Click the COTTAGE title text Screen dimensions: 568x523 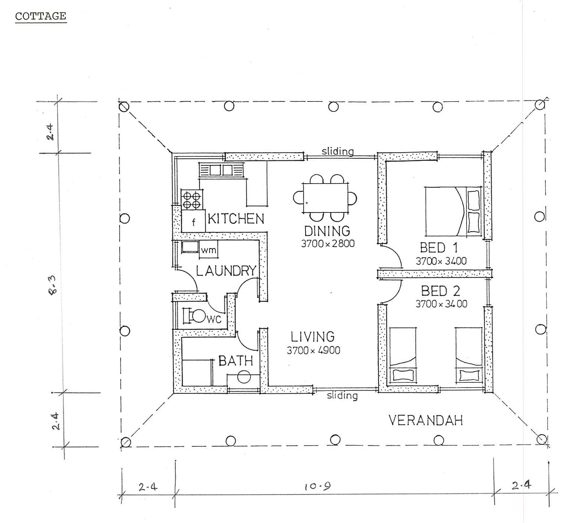[x=41, y=16]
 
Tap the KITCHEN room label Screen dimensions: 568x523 [x=236, y=219]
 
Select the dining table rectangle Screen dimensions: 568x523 [x=325, y=198]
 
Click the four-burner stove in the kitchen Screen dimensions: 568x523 [x=192, y=200]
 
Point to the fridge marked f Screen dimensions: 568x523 [x=193, y=221]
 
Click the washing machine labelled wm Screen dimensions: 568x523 [x=209, y=249]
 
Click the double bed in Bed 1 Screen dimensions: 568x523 [x=453, y=211]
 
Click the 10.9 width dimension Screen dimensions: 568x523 [x=314, y=486]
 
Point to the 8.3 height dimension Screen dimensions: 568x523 [x=53, y=286]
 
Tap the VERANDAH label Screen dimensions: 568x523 [x=425, y=420]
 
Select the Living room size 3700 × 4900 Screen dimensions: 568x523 [x=314, y=351]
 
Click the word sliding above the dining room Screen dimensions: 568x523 [x=338, y=151]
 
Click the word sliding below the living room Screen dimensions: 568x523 [x=342, y=395]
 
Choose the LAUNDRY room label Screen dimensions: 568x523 [x=226, y=271]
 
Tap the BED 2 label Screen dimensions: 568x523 [x=441, y=291]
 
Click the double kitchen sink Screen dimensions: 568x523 [x=221, y=170]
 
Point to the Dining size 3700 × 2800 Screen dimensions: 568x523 [x=328, y=244]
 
